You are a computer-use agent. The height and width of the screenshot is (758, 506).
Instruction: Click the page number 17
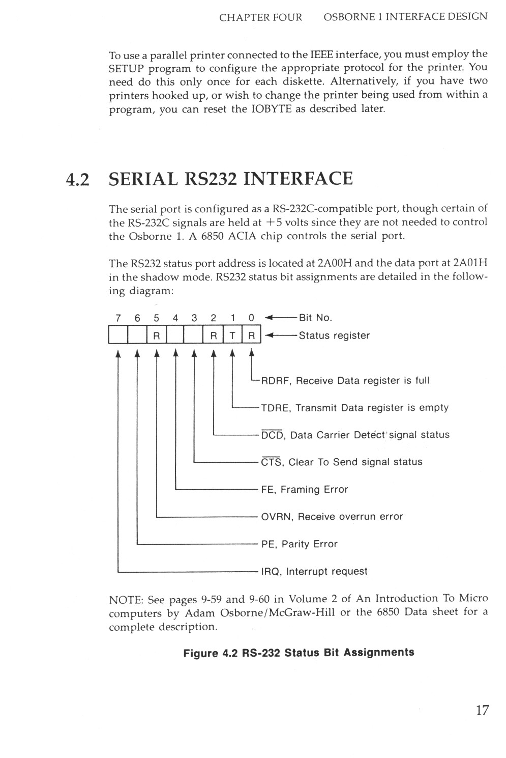pyautogui.click(x=482, y=710)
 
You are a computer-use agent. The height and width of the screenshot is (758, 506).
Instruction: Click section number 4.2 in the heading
pyautogui.click(x=78, y=179)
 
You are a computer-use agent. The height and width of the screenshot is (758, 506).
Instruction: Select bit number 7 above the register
pyautogui.click(x=118, y=318)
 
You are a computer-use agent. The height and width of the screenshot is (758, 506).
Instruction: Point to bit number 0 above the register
pyautogui.click(x=251, y=318)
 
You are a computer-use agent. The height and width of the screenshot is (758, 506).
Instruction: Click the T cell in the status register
pyautogui.click(x=232, y=336)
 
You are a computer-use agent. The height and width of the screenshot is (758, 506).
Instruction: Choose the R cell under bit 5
pyautogui.click(x=156, y=336)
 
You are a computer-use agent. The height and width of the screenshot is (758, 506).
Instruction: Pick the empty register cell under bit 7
pyautogui.click(x=117, y=336)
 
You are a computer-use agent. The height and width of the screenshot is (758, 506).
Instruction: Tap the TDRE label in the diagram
pyautogui.click(x=275, y=408)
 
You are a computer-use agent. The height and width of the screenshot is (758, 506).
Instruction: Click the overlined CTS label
pyautogui.click(x=272, y=462)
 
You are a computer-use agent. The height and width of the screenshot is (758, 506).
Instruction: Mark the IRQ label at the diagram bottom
pyautogui.click(x=271, y=571)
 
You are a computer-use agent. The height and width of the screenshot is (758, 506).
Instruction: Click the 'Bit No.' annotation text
pyautogui.click(x=315, y=318)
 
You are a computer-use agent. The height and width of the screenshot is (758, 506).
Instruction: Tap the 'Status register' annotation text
pyautogui.click(x=334, y=335)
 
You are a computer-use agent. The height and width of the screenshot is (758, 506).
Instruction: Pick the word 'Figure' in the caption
pyautogui.click(x=200, y=653)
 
